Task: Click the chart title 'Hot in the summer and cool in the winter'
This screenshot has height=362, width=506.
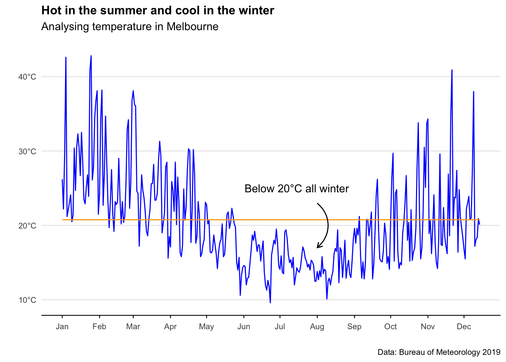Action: [x=158, y=11]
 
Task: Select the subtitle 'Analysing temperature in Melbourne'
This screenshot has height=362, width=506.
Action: [x=130, y=27]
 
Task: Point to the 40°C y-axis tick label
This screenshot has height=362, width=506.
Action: [x=27, y=77]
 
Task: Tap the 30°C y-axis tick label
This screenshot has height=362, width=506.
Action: [x=27, y=152]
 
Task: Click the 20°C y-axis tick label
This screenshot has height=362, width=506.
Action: [x=27, y=226]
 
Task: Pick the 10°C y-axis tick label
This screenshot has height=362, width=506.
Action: [x=27, y=300]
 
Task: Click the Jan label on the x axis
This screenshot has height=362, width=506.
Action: [x=62, y=327]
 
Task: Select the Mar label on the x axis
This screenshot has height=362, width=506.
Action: [x=133, y=327]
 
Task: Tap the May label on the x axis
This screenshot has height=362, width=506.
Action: [x=206, y=327]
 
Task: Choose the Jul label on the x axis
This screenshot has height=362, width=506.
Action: [x=280, y=327]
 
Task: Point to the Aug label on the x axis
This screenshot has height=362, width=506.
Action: [x=317, y=327]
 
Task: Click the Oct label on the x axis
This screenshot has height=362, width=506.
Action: [x=390, y=327]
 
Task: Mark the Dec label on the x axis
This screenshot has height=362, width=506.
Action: [x=464, y=327]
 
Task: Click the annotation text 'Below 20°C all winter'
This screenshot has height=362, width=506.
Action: [x=297, y=189]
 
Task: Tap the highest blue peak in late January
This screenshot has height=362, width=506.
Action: [x=91, y=56]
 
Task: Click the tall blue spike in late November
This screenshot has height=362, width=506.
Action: [x=452, y=70]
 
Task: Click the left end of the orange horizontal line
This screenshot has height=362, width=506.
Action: [x=63, y=219]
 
